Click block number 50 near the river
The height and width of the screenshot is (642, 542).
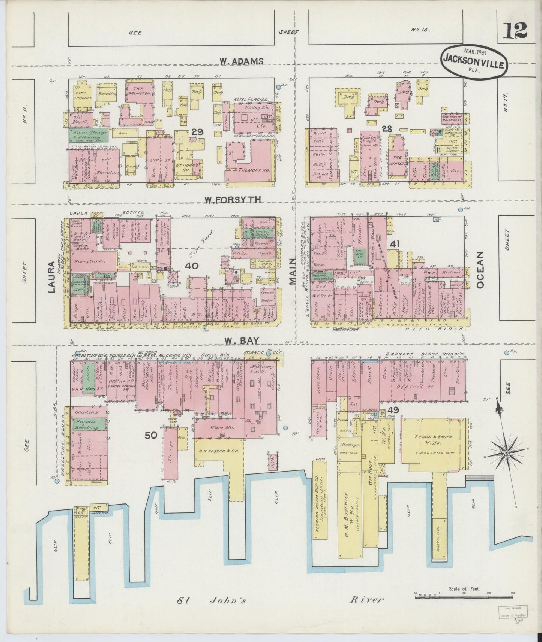point(151,435)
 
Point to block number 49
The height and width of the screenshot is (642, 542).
point(394,410)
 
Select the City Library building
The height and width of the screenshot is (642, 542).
point(83,95)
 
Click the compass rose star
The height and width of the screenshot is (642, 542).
point(507,453)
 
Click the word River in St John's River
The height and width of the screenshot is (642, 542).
point(367,600)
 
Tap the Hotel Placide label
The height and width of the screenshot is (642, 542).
point(250,99)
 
